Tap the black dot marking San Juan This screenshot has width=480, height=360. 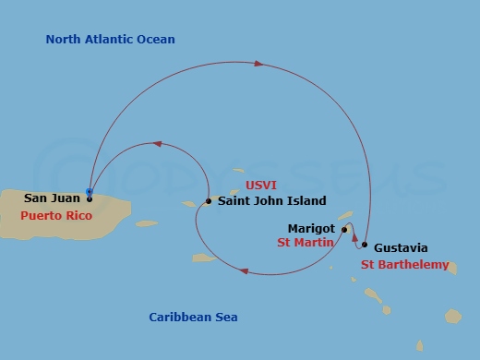[x=90, y=198]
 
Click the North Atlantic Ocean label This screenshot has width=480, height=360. [x=110, y=40]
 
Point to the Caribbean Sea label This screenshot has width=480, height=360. [x=193, y=318]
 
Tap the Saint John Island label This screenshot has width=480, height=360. [x=271, y=200]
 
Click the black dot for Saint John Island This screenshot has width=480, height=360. [x=209, y=200]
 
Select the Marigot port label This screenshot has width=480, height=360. [x=311, y=228]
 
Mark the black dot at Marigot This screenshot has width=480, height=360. [x=344, y=229]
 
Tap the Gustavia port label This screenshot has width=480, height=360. [x=401, y=247]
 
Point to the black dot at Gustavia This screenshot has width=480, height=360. [x=365, y=245]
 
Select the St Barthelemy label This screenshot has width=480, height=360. [x=404, y=265]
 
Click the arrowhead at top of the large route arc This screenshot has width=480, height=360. [x=258, y=64]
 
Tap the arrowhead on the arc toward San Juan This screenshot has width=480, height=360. [x=158, y=144]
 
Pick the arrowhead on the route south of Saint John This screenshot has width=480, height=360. [x=244, y=270]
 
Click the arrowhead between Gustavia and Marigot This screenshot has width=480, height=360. [x=355, y=236]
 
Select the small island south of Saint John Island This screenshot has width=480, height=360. [x=202, y=258]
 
